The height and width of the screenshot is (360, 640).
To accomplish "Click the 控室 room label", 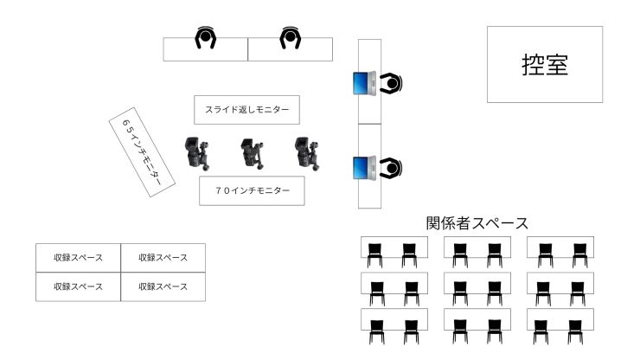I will (545, 65).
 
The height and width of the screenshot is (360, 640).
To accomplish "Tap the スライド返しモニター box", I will (246, 110).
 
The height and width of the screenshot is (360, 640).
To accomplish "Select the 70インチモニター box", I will (252, 190).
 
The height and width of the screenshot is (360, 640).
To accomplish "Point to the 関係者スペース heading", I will (477, 223).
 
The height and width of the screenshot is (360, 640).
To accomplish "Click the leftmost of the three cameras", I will (196, 153).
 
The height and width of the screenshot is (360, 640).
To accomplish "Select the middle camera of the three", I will (252, 153).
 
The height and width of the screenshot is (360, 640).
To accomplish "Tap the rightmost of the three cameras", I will (304, 152).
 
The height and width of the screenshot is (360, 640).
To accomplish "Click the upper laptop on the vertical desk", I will (362, 84).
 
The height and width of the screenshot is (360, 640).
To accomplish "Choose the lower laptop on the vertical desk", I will (362, 167).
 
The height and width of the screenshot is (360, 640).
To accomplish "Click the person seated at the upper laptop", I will (390, 84).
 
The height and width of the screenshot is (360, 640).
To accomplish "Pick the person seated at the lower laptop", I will (390, 167).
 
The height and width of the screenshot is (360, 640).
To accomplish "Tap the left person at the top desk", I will (206, 38).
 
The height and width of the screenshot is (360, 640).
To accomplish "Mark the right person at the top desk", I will (290, 38).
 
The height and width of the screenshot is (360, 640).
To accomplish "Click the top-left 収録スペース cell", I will (78, 258).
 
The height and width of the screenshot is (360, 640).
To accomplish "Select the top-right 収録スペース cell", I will (163, 258).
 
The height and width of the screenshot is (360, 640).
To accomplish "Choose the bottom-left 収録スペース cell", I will (78, 286).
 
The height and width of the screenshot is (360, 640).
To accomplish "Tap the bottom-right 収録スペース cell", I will (163, 286).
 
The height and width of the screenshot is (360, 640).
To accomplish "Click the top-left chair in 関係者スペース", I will (375, 254).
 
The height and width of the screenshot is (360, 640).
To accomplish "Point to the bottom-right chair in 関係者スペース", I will (574, 331).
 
